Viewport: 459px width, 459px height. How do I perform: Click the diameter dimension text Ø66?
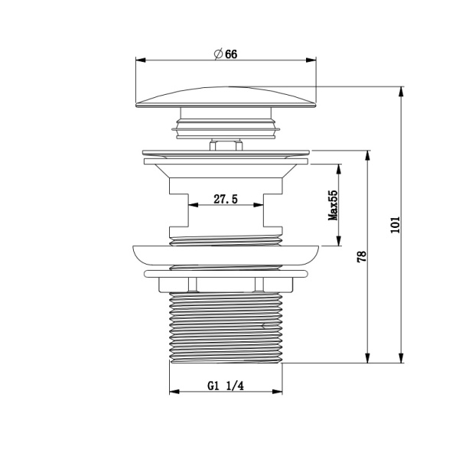pyautogui.click(x=226, y=54)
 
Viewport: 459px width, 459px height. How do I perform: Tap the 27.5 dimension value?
pyautogui.click(x=226, y=199)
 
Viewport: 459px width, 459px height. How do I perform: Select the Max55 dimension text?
pyautogui.click(x=333, y=205)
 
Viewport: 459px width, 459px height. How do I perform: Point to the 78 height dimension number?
pyautogui.click(x=362, y=256)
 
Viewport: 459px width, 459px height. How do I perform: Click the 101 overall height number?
pyautogui.click(x=396, y=225)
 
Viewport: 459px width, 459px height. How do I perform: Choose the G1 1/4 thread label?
pyautogui.click(x=226, y=386)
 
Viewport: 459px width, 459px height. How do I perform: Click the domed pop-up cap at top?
pyautogui.click(x=226, y=97)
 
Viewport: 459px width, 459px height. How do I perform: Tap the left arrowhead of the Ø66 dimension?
pyautogui.click(x=141, y=60)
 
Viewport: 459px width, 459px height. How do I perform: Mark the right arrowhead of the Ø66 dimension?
pyautogui.click(x=311, y=60)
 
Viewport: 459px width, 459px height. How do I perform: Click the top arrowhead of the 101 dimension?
pyautogui.click(x=401, y=92)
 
